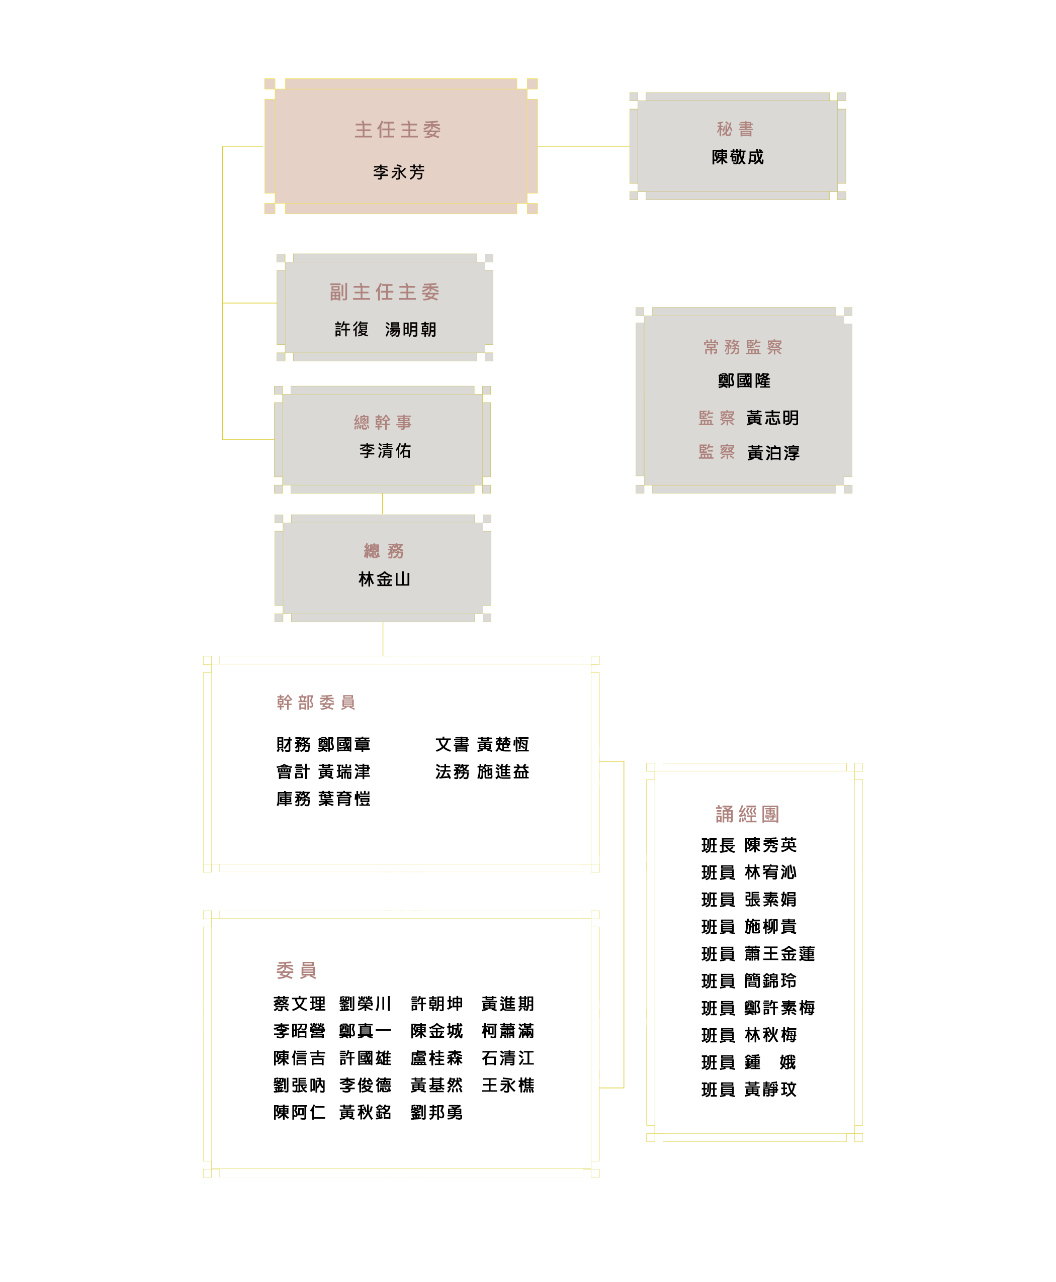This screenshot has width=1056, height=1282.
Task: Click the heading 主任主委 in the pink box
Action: [398, 130]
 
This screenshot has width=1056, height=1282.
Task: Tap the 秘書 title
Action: [735, 129]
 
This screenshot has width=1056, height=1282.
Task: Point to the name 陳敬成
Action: [737, 157]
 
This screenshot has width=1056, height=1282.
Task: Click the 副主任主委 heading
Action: [385, 292]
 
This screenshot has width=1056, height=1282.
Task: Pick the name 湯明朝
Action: [411, 330]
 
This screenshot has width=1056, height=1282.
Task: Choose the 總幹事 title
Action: [383, 422]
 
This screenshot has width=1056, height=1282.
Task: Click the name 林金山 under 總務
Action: [385, 579]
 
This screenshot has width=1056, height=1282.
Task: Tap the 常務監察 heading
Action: [743, 347]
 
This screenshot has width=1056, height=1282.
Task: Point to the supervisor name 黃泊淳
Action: [773, 453]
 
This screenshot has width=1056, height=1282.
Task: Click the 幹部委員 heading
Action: [316, 703]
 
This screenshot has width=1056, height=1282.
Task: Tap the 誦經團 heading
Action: [748, 814]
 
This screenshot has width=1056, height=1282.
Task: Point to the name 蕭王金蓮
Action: [780, 954]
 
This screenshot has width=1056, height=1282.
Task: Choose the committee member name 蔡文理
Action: [299, 1004]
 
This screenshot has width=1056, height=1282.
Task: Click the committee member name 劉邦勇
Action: [437, 1113]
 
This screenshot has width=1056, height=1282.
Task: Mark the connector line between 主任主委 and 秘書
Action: [584, 146]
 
